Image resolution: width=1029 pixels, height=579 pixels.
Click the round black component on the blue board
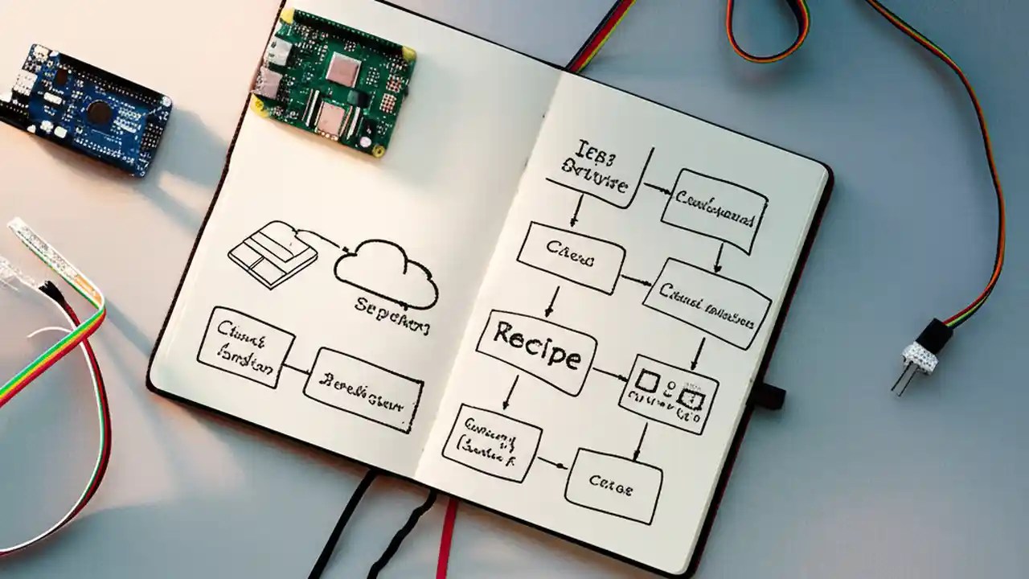(98, 113)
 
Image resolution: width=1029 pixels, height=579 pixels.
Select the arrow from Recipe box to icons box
(611, 374)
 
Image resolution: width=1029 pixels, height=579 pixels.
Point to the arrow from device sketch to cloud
(326, 237)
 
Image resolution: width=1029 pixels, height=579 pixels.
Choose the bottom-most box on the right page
(613, 485)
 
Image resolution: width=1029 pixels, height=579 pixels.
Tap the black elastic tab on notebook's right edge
(769, 395)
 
